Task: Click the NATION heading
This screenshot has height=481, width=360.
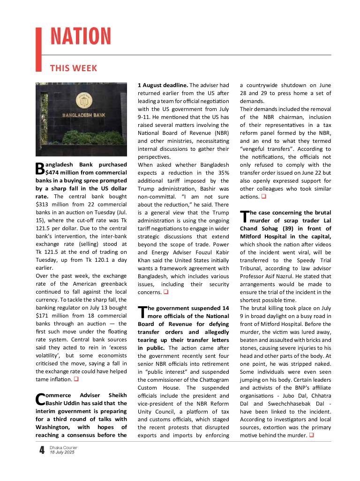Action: point(81,37)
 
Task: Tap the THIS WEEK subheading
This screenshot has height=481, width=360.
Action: point(74,68)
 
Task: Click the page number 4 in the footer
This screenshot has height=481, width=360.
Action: point(42,451)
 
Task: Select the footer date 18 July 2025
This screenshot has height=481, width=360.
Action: point(62,452)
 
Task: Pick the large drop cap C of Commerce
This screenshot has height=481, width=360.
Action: point(40,399)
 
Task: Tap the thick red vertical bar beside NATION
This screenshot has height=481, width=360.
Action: point(39,49)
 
